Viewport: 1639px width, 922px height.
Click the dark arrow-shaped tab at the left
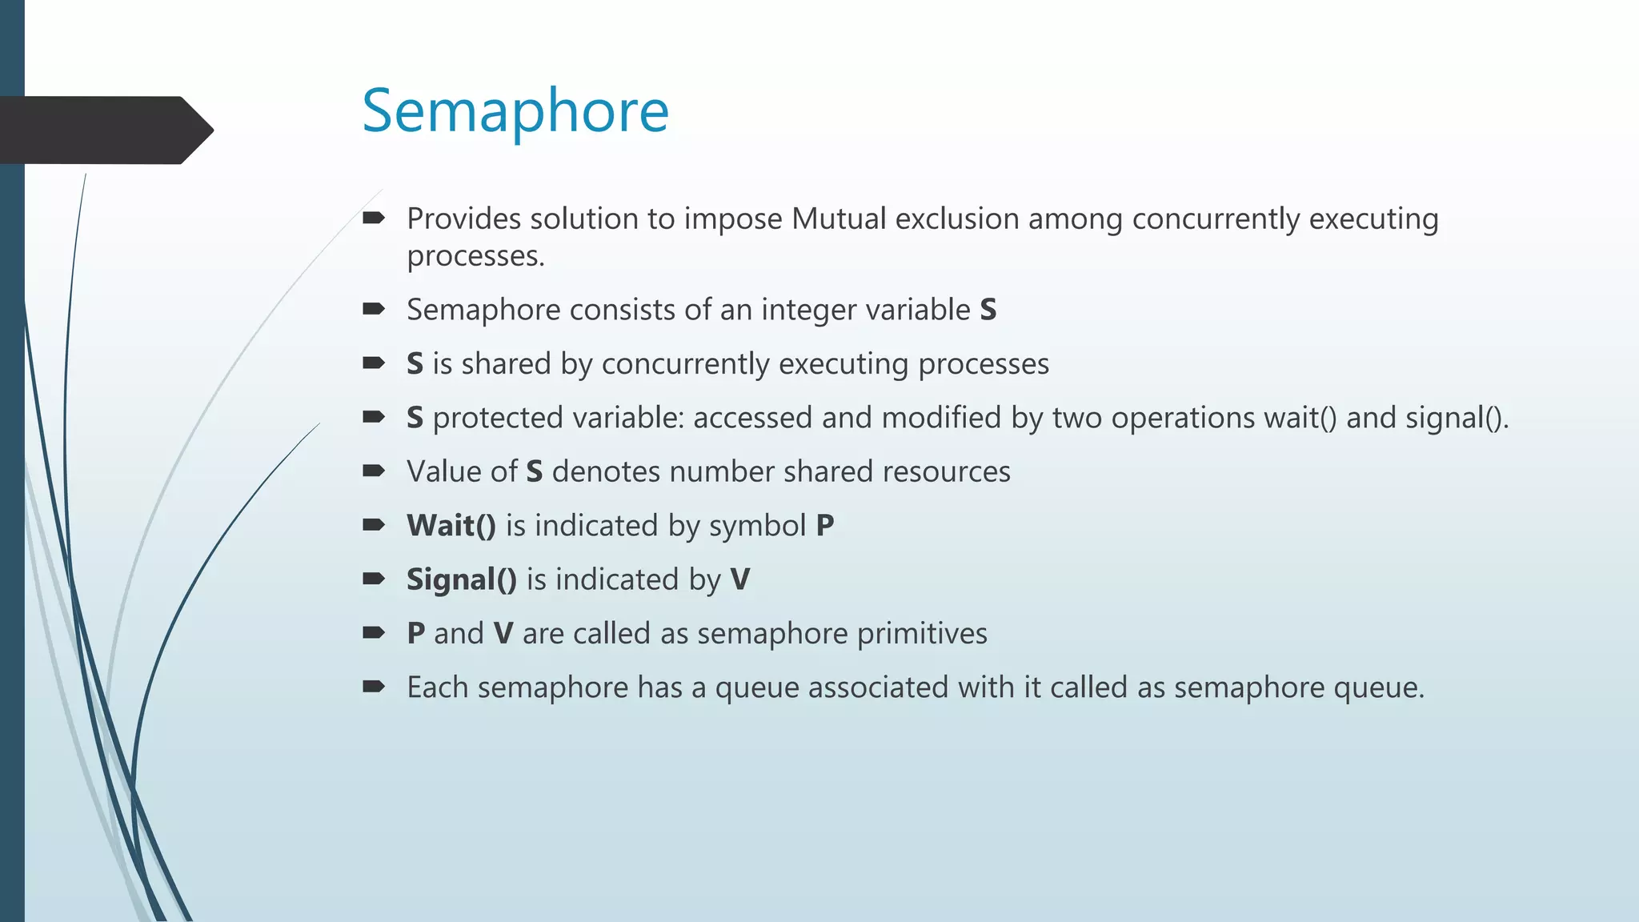[104, 130]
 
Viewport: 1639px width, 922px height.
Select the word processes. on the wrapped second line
[475, 256]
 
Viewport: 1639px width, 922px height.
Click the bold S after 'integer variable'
[988, 310]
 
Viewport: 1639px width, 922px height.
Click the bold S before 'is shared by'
[415, 364]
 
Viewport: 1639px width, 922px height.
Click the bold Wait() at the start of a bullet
[451, 526]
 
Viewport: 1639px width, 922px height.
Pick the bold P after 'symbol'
[825, 526]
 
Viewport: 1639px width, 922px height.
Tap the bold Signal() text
[462, 579]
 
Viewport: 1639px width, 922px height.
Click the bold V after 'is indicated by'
[740, 579]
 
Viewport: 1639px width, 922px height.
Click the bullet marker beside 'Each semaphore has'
[374, 687]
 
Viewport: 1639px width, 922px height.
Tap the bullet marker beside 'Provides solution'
[374, 218]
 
